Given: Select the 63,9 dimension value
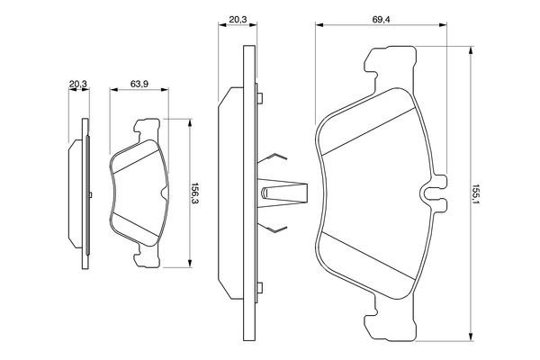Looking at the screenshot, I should coord(139,84).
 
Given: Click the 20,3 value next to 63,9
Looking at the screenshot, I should coord(78,84).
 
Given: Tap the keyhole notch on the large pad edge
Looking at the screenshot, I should coord(432,192).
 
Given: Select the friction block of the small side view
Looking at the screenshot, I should coord(76,193).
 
